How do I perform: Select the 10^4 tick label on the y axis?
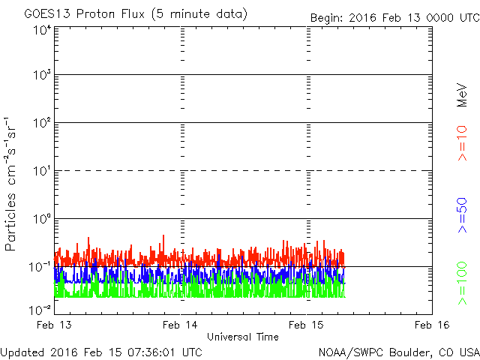point(41,30)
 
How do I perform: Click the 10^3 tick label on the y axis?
point(41,75)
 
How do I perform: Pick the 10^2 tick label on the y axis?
point(41,123)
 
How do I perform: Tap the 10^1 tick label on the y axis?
point(41,171)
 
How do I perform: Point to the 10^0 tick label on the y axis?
point(41,219)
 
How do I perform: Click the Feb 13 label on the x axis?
point(55,325)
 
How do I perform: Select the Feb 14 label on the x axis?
point(181,325)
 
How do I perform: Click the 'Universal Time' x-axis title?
point(243,337)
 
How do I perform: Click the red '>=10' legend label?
point(462,143)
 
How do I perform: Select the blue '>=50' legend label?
point(462,213)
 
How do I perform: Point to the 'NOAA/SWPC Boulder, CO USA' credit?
point(398,352)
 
